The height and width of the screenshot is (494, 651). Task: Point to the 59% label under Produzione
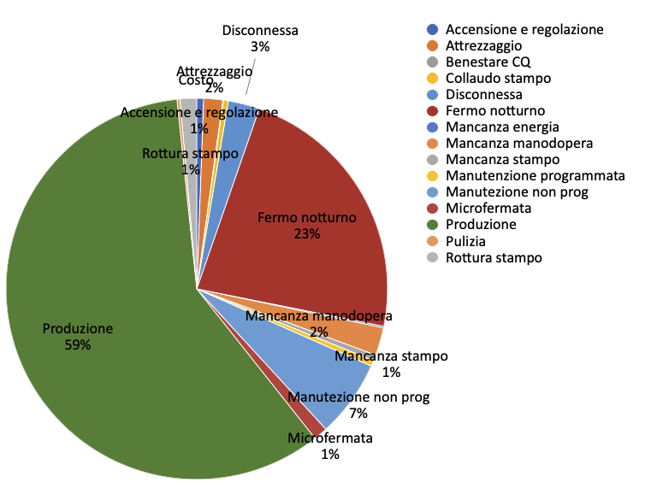point(77,345)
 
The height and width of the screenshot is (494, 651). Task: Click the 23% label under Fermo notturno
point(306,233)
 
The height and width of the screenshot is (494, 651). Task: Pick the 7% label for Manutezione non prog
point(358,413)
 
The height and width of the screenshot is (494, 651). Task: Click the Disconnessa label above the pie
point(260,31)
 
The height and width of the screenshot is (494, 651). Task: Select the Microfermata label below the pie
point(330,438)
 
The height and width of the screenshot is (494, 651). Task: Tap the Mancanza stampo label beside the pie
point(391,356)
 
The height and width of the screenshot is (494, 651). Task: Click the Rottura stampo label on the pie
point(190,154)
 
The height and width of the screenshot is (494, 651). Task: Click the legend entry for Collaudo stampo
point(498,78)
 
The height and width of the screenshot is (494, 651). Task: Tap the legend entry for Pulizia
point(465,241)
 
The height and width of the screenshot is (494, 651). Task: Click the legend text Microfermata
point(483,208)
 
